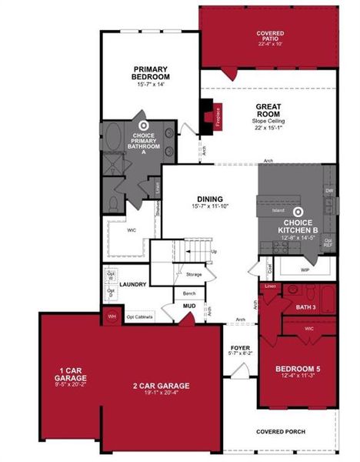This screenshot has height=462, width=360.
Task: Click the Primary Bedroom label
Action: (x=151, y=73)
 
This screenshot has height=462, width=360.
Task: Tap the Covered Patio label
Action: (x=270, y=34)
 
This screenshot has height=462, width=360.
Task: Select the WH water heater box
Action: (x=111, y=316)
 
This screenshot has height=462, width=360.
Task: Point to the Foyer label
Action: (x=241, y=349)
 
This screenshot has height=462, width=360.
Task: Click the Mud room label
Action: (x=188, y=306)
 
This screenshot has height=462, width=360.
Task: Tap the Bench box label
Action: (x=188, y=293)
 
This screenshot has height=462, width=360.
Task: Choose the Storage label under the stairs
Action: (x=194, y=274)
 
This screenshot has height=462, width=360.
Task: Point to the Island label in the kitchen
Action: (x=279, y=209)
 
